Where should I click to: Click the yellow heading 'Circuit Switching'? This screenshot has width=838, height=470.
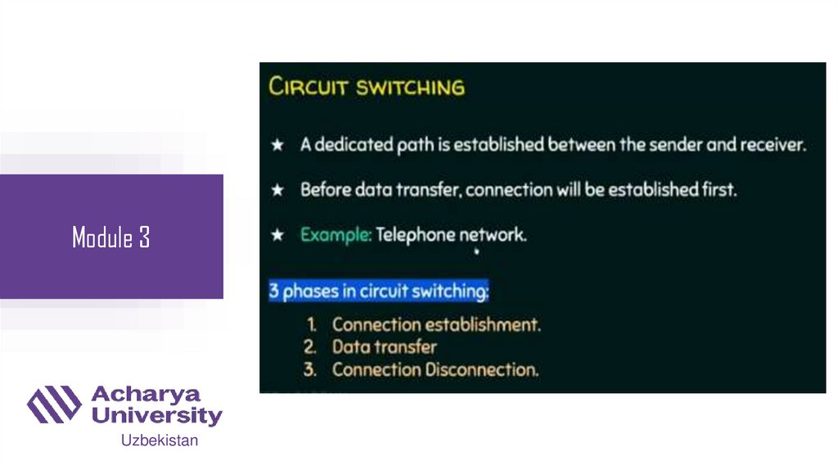click(367, 87)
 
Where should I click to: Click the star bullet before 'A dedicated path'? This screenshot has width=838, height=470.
click(278, 146)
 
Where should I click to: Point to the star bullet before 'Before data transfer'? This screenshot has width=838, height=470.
click(278, 190)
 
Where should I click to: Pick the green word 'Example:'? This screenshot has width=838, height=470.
click(336, 235)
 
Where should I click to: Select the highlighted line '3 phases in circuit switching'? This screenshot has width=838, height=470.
click(379, 291)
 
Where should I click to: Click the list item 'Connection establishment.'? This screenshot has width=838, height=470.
click(436, 324)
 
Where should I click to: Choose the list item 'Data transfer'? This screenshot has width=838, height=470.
click(384, 347)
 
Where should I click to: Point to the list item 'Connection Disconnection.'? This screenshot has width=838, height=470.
click(435, 369)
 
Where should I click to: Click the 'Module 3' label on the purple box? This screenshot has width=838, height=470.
click(111, 238)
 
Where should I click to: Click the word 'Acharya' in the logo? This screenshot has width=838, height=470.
click(146, 395)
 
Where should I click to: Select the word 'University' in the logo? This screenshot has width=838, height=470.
click(156, 416)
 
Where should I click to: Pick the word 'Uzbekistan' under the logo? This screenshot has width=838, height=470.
click(160, 441)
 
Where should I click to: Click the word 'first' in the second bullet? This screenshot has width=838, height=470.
click(718, 190)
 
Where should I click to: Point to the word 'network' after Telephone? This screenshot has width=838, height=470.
click(493, 235)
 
